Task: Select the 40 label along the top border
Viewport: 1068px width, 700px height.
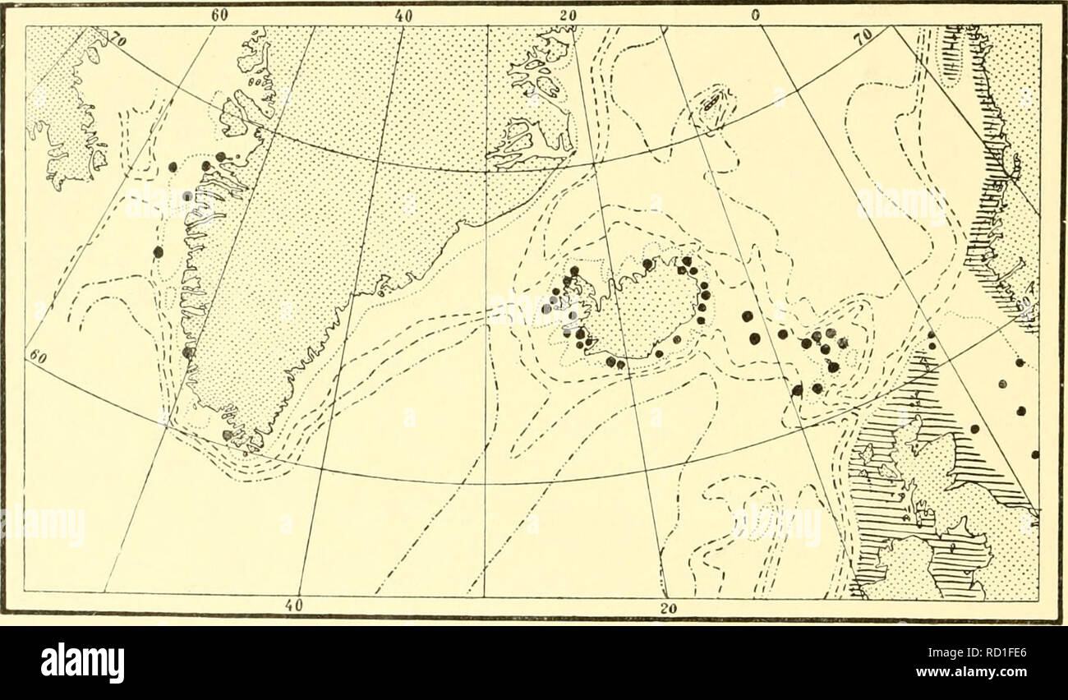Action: pyautogui.click(x=403, y=15)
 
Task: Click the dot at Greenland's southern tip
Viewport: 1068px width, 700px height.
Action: pyautogui.click(x=228, y=435)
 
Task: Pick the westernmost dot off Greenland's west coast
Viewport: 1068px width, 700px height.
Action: pyautogui.click(x=158, y=251)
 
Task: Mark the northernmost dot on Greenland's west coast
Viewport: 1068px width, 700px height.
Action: pyautogui.click(x=220, y=156)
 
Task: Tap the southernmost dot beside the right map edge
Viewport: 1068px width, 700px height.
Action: pyautogui.click(x=1035, y=454)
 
